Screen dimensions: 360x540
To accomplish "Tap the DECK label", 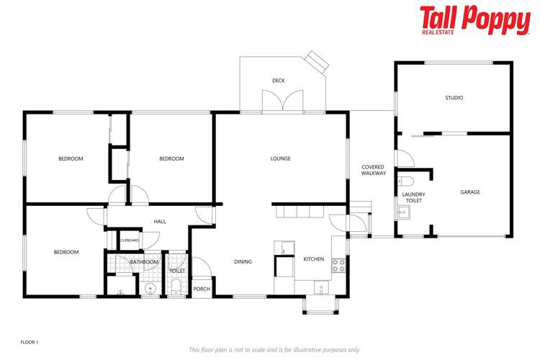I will (279, 81).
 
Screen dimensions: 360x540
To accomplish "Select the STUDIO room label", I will (454, 97).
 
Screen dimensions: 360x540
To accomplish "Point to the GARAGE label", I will (470, 192).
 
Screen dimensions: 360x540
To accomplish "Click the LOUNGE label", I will (280, 158).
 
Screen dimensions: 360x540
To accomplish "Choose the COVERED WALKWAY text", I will (374, 170).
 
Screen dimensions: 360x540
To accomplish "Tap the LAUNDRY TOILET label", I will (413, 197).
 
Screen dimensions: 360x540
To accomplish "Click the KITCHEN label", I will (313, 259).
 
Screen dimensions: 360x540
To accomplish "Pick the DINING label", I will (243, 261).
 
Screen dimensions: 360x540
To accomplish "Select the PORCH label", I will (202, 289).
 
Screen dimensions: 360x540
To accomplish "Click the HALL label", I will (160, 222).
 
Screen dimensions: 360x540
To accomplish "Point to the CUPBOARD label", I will (130, 240).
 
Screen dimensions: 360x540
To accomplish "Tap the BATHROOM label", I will (144, 262).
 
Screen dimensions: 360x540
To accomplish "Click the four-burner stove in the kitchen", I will (338, 265).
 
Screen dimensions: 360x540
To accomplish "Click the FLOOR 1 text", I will (29, 341).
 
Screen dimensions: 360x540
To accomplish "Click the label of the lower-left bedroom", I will (66, 252).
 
